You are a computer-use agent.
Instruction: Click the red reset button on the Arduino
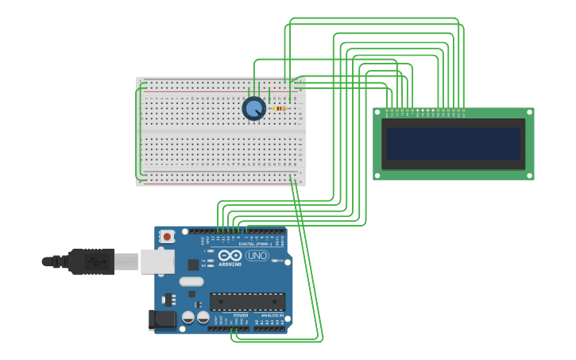pos(167,236)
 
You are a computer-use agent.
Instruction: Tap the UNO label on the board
pos(257,255)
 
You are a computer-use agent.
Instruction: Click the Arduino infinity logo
pos(230,255)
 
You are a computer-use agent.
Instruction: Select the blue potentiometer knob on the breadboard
pos(253,108)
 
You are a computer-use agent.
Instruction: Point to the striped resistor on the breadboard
pos(279,108)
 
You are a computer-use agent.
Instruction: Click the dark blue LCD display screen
pos(453,144)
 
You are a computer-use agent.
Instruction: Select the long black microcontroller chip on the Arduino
pos(247,301)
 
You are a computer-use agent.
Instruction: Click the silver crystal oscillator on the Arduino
pos(191,281)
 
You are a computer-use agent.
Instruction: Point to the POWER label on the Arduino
pos(241,315)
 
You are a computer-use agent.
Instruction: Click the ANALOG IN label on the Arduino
pos(272,315)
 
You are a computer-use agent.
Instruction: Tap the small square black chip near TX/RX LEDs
pos(193,265)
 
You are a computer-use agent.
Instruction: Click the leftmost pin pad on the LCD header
pos(388,110)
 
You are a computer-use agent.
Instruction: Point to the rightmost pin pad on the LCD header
pos(463,110)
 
